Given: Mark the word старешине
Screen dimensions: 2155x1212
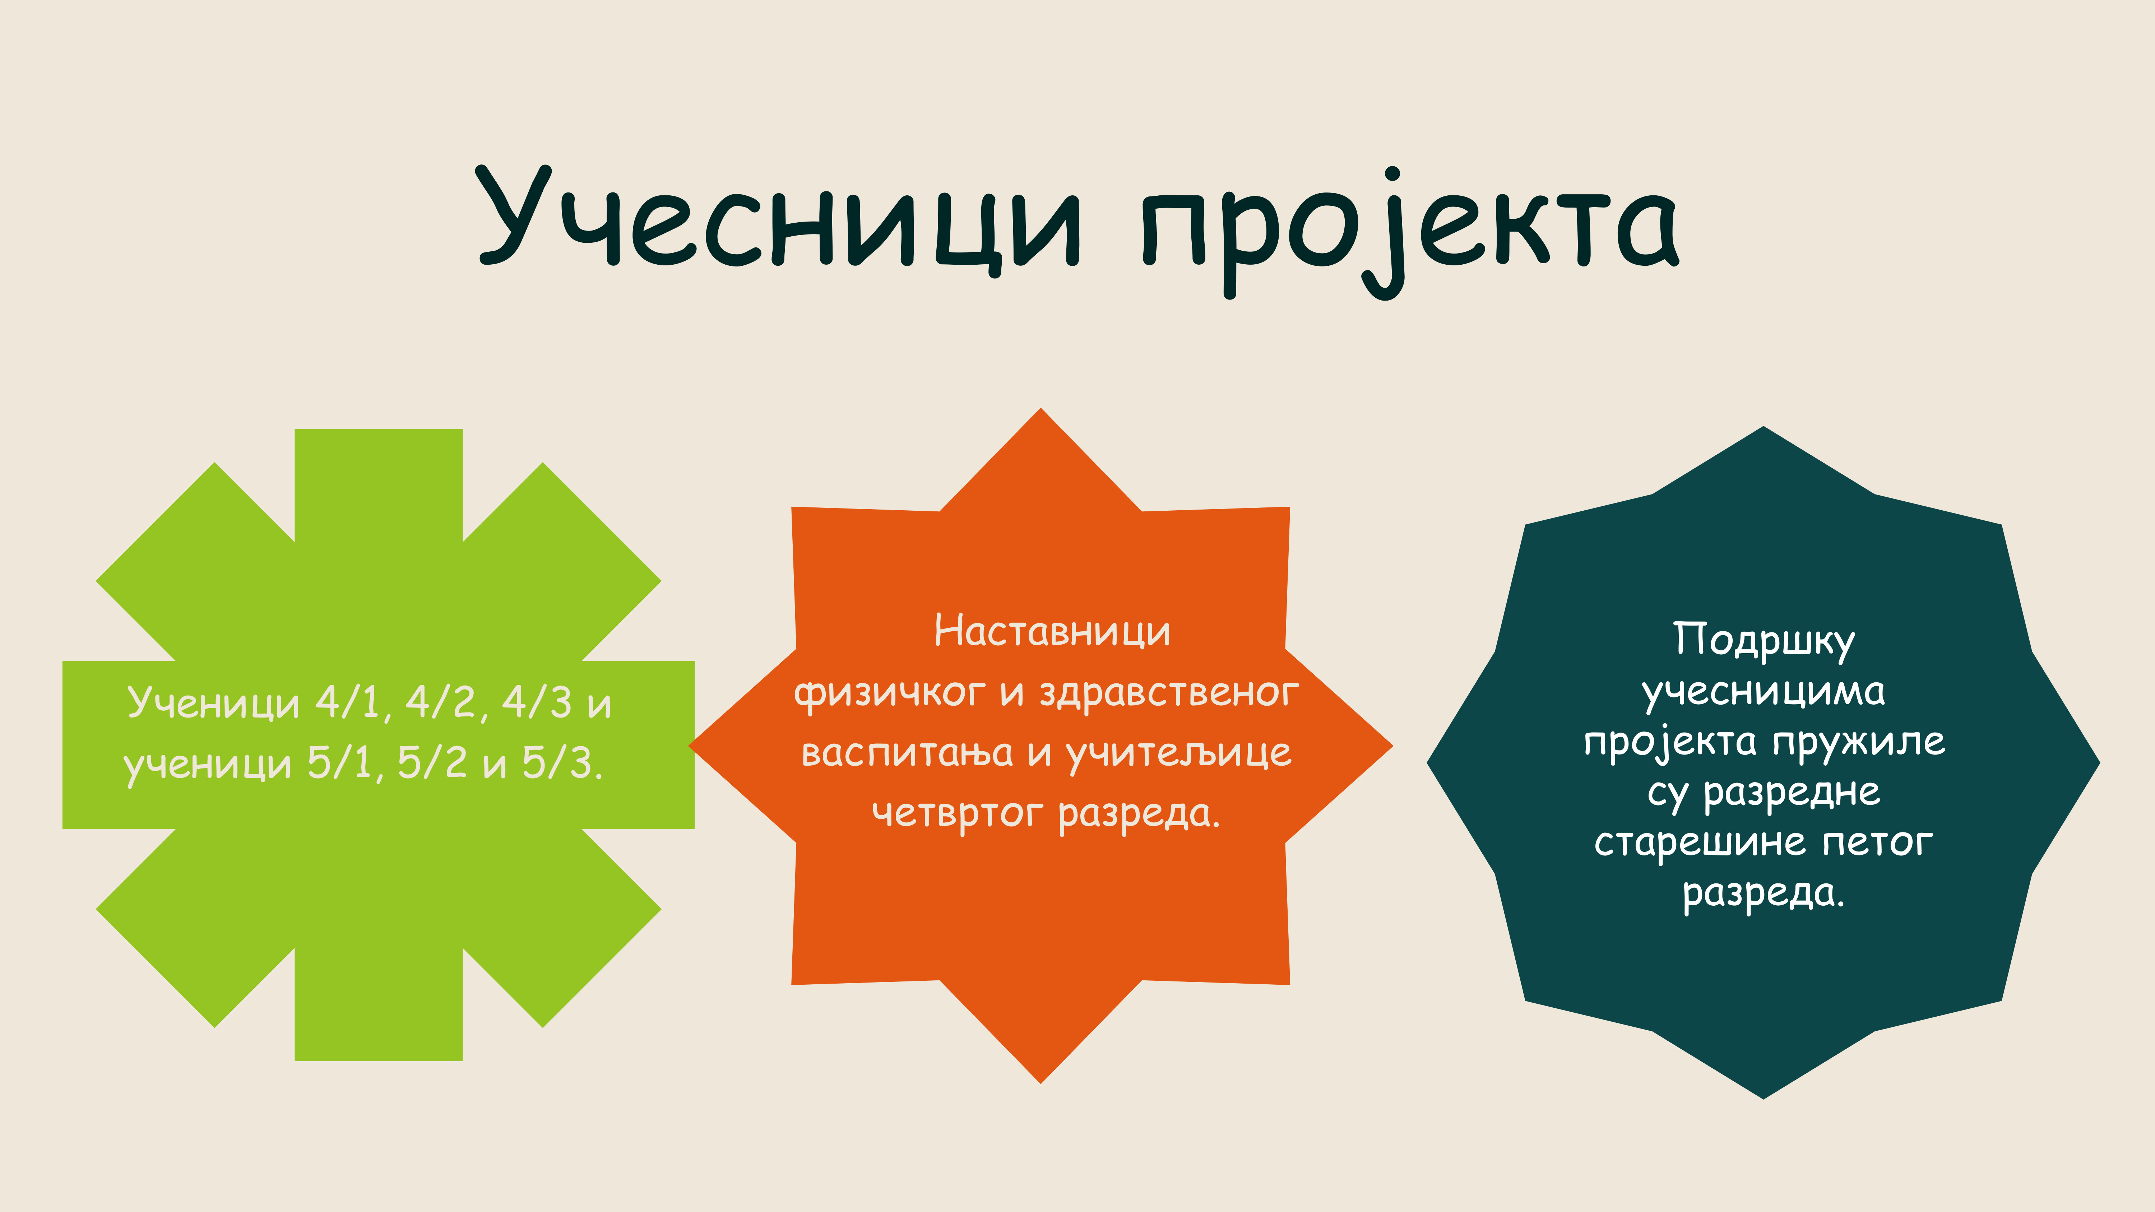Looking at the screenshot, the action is (1701, 843).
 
